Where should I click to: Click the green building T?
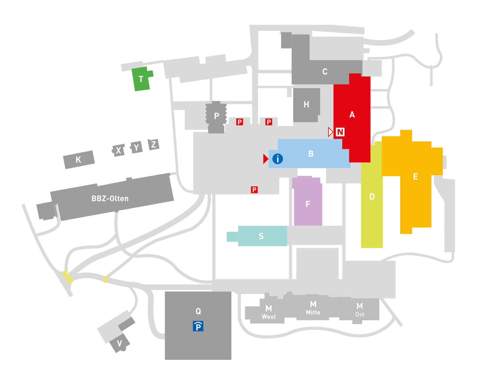[141, 79]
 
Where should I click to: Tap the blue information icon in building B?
[277, 159]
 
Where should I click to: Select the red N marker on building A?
[340, 132]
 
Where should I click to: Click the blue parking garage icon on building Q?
[198, 326]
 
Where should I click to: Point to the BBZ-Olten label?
[110, 198]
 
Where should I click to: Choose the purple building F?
[308, 204]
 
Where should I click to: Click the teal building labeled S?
[261, 236]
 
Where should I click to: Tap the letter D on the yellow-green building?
[372, 197]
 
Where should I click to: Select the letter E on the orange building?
[415, 177]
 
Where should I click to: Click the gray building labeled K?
[79, 160]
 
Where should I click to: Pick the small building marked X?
[119, 150]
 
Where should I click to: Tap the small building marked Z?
[154, 145]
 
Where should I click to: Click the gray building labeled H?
[306, 105]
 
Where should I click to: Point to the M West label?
[268, 312]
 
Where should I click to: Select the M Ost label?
[360, 310]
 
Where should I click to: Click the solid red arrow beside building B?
[265, 159]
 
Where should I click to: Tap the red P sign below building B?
[254, 190]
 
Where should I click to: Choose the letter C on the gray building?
[325, 72]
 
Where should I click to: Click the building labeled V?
[119, 344]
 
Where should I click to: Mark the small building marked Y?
[136, 148]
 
